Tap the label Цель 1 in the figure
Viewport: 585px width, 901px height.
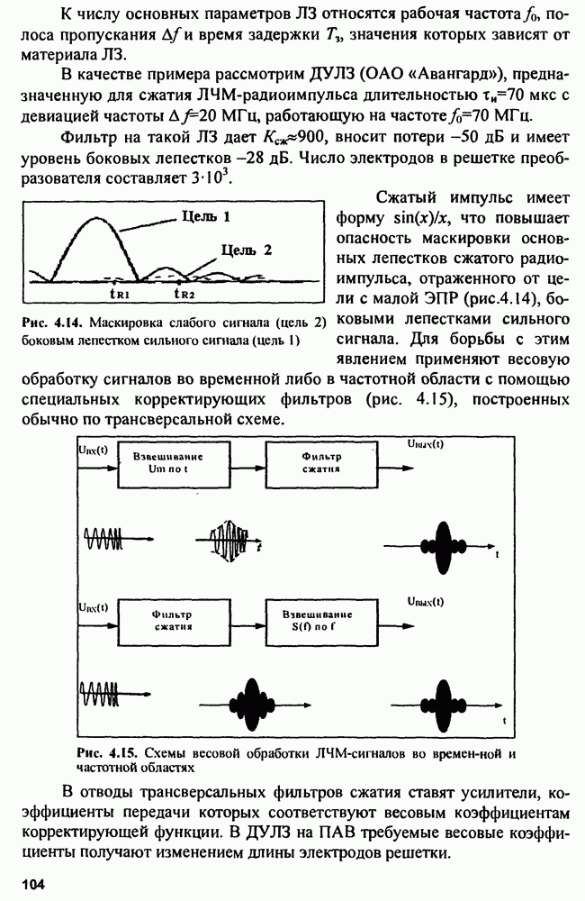point(206,216)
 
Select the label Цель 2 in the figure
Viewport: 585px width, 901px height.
point(246,250)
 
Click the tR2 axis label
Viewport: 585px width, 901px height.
point(184,293)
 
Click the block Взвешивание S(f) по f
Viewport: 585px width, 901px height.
point(319,620)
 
